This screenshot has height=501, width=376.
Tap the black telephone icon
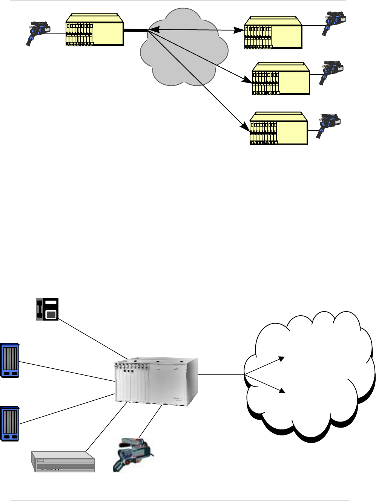pos(47,309)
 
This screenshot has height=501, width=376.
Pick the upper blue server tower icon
pos(10,360)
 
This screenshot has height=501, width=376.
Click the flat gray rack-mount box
pos(63,461)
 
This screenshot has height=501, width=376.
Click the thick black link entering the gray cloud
pos(135,31)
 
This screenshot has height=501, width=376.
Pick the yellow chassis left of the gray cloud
pos(95,30)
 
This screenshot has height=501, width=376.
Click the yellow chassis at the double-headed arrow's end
pos(273,33)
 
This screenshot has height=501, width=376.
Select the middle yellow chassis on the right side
pos(281,79)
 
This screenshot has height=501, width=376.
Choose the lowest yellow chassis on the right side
pos(278,128)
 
